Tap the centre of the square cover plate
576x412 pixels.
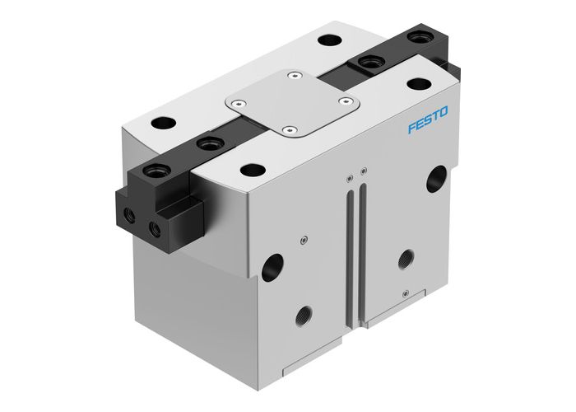pyautogui.click(x=292, y=105)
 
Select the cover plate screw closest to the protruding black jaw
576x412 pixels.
pyautogui.click(x=238, y=103)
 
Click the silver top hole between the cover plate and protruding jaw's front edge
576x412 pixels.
pyautogui.click(x=248, y=169)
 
